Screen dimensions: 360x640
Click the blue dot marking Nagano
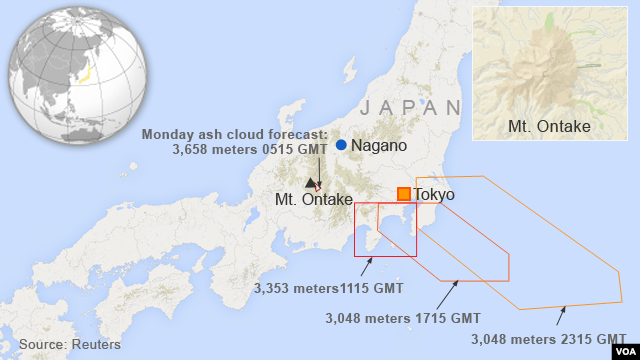coord(341,146)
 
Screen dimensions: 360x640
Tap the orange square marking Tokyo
coord(403,194)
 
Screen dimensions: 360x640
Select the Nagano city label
coord(379,146)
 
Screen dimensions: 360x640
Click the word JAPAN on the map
coord(411,107)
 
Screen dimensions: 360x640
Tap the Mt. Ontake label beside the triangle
coord(314,200)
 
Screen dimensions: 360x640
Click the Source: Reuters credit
coord(70,344)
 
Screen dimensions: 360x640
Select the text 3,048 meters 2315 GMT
coord(549,338)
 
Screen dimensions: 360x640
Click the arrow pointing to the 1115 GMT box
coord(367,265)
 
